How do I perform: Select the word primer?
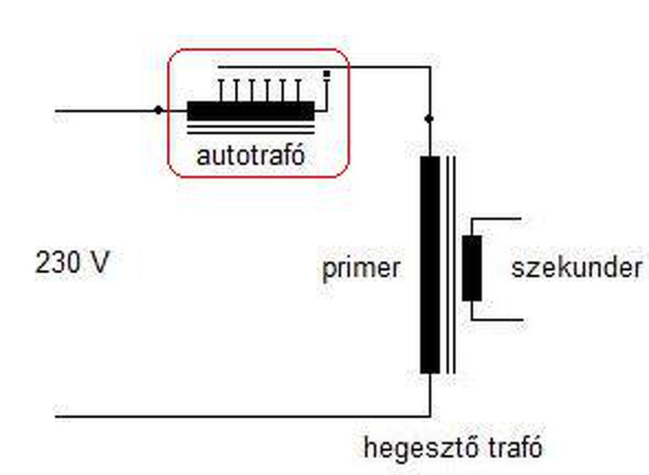tap(361, 268)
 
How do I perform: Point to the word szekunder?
tap(576, 267)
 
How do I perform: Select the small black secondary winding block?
tap(472, 268)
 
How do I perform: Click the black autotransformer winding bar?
tap(250, 111)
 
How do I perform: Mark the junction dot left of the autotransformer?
tap(158, 110)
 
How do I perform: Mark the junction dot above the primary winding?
tap(429, 119)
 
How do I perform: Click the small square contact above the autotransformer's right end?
tap(327, 74)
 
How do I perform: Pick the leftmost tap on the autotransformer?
tap(221, 90)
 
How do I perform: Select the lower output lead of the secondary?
tap(497, 320)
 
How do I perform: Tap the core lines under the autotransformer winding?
tap(250, 130)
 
